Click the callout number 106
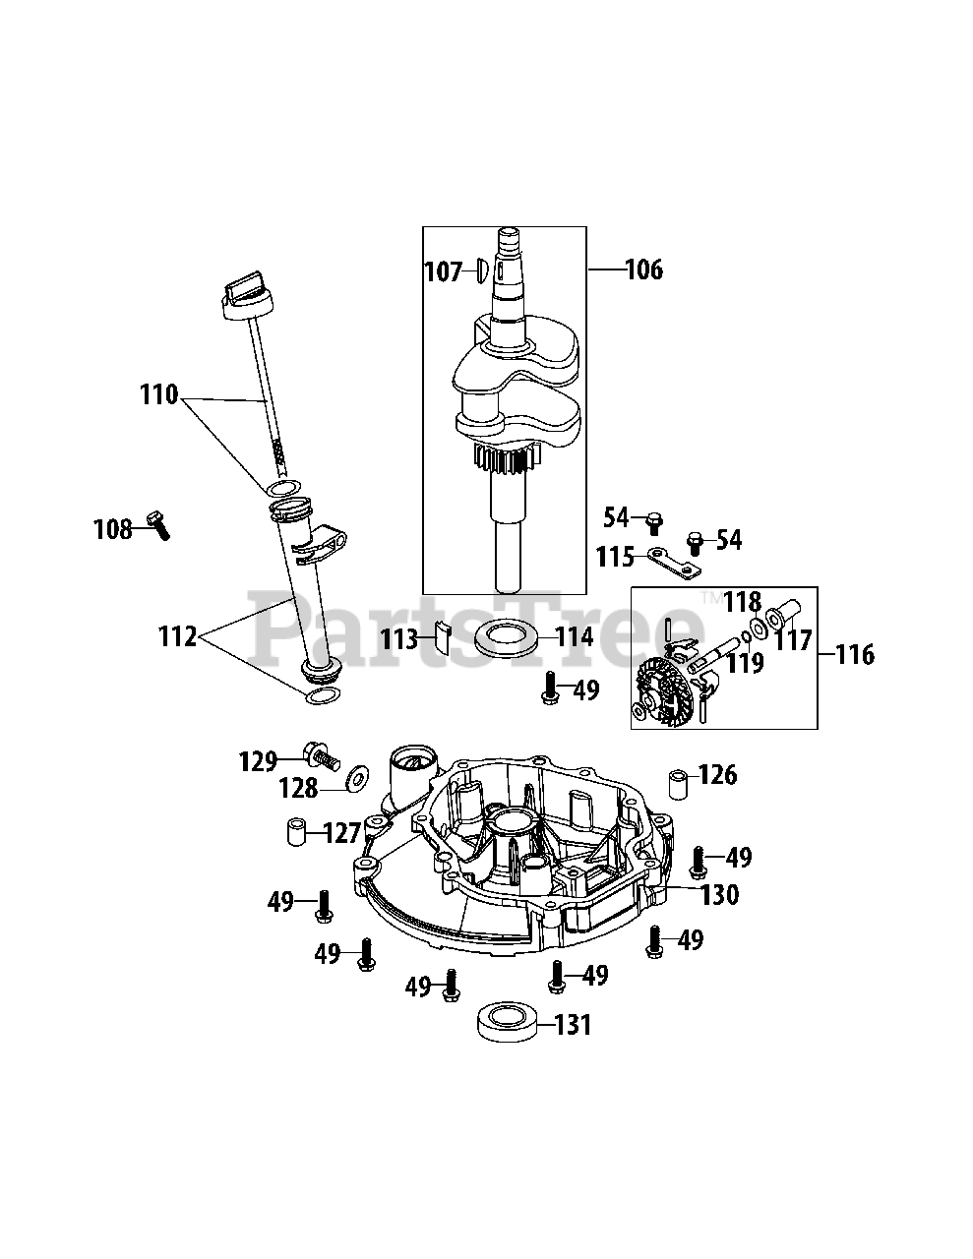pos(643,270)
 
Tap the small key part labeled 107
pos(479,271)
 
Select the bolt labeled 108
pos(158,525)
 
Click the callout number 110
pos(158,394)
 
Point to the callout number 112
pos(177,636)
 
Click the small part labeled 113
pos(443,635)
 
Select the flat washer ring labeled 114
pos(505,638)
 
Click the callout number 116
pos(855,655)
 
